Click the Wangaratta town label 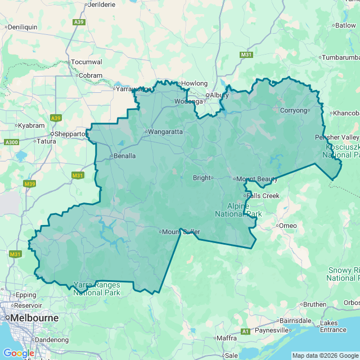[165, 132]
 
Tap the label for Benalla [124, 156]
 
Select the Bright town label [201, 178]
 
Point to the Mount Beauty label [257, 179]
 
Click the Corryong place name [293, 110]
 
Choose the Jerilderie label [101, 4]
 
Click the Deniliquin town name [22, 26]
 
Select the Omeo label [288, 226]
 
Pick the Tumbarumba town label [341, 57]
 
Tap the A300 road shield [11, 142]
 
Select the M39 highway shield [30, 183]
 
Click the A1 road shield [245, 331]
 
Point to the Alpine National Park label [238, 210]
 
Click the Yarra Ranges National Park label [97, 289]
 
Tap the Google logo [18, 353]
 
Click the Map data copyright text [325, 355]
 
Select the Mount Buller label [182, 232]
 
